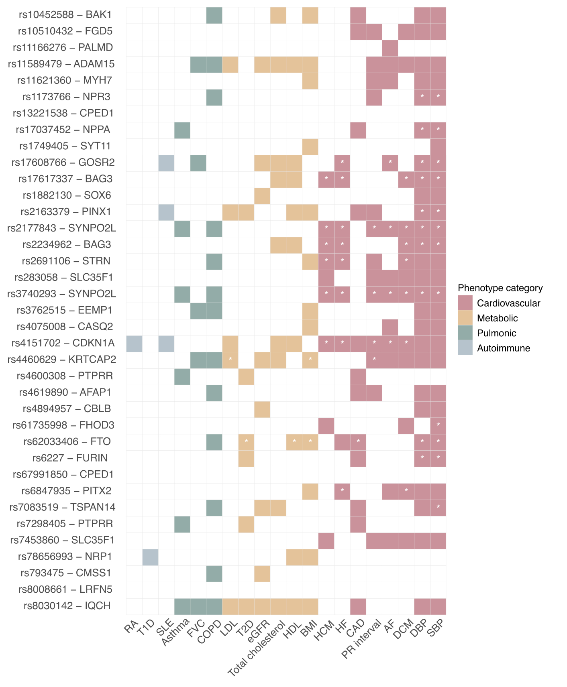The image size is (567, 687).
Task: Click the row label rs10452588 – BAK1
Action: pos(65,15)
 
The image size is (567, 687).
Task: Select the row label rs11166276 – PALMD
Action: pos(63,48)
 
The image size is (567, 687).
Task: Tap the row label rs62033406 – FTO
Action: pos(67,442)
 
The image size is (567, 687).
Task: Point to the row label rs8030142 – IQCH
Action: pos(67,606)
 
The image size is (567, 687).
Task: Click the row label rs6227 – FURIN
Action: pos(70,458)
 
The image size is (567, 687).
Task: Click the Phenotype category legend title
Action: pos(500,288)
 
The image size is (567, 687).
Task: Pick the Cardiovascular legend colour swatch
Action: pos(465,303)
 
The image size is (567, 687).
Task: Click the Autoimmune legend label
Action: pos(504,348)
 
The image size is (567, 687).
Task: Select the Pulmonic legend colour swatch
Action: pos(465,333)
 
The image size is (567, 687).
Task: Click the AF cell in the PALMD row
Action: pos(390,48)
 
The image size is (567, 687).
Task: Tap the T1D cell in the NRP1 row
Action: pos(150,557)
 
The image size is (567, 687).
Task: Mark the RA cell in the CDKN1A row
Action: pos(134,343)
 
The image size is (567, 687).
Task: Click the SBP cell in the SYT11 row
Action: pos(438,146)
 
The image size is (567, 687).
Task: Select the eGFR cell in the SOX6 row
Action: pos(262,195)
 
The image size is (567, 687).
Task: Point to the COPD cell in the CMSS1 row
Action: pos(214,573)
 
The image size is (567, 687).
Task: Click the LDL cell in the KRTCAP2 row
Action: pos(230,360)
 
